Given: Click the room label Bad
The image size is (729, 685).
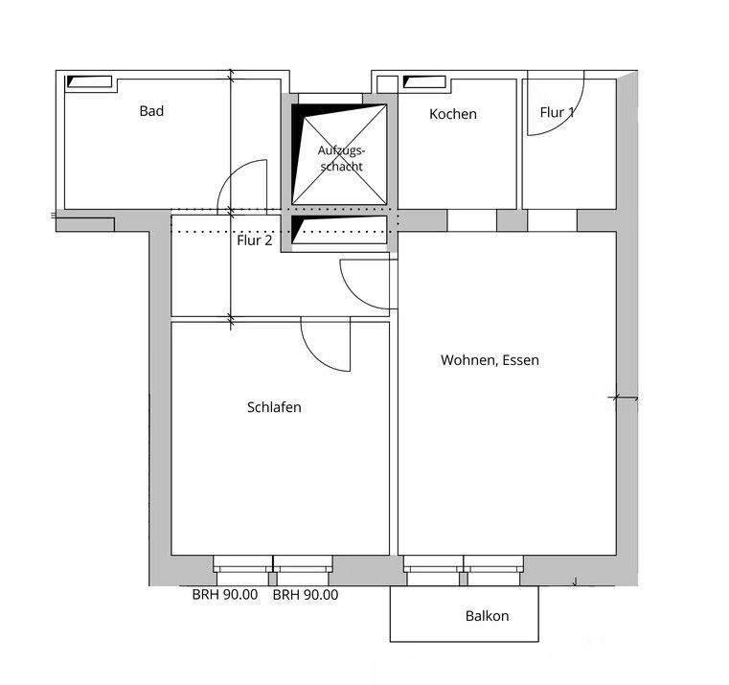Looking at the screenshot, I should (151, 111).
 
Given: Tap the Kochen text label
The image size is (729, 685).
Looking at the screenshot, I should (452, 114).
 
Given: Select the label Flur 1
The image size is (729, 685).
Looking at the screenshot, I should (558, 112).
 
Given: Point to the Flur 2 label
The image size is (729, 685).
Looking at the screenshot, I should (255, 240).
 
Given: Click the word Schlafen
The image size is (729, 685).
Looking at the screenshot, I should (274, 407).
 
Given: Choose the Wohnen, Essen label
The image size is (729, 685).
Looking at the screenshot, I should (490, 360).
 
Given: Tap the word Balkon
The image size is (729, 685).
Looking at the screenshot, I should (487, 616).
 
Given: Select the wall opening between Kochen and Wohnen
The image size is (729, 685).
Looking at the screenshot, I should (471, 219).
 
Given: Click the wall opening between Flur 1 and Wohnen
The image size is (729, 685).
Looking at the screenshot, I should (553, 219).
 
